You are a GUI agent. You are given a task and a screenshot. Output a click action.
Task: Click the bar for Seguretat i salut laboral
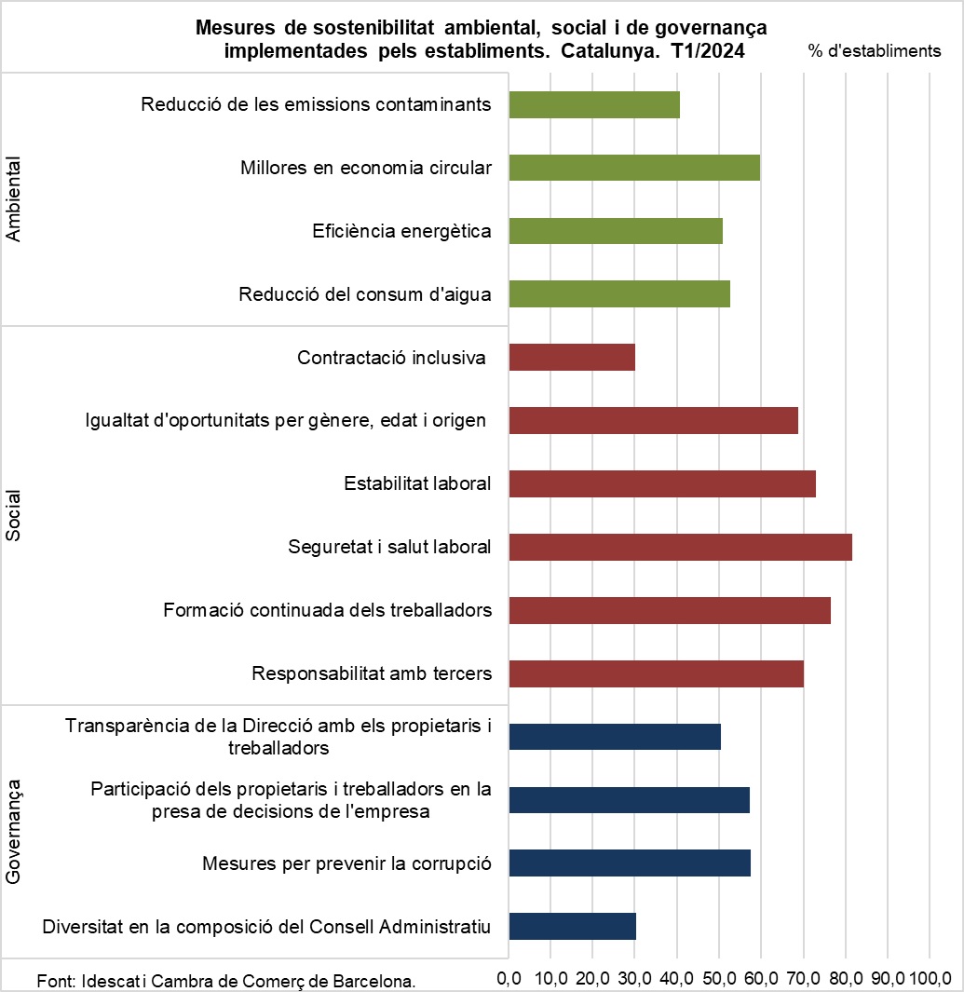(680, 548)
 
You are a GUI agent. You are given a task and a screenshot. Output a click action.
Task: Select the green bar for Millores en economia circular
(634, 168)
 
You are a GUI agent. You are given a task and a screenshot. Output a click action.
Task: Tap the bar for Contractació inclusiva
(572, 358)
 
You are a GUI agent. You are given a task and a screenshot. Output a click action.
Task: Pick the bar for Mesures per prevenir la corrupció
(630, 863)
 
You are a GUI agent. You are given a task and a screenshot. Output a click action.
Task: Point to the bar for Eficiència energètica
(616, 231)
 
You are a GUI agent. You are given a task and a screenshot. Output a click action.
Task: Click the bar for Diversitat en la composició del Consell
(573, 927)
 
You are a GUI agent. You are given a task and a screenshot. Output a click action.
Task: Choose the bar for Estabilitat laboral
(662, 484)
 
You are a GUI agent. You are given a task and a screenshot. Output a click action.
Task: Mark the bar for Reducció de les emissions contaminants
(594, 104)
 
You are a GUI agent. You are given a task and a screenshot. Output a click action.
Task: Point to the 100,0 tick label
(930, 979)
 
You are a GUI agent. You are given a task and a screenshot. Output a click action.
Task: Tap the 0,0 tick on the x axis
(509, 979)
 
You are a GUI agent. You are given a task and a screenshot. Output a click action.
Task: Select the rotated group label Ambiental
(13, 199)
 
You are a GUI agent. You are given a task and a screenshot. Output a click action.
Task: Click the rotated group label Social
(13, 515)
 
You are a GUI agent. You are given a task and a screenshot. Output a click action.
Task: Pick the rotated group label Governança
(13, 832)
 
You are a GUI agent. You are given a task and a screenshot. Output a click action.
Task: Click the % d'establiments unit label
(875, 51)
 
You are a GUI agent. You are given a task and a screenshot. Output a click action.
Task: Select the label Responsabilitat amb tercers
(372, 673)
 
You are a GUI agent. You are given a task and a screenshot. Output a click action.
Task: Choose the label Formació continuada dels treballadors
(327, 611)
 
